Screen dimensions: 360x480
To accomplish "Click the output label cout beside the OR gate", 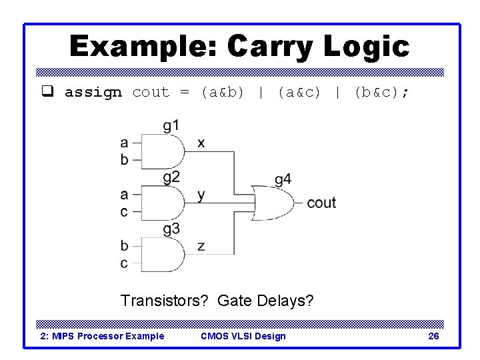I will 321,203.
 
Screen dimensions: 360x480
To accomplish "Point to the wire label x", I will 201,143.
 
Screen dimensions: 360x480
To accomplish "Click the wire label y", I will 201,195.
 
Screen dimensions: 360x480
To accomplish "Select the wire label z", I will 201,246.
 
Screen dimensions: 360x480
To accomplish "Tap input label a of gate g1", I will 125,142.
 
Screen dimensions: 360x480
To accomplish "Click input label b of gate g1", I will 125,159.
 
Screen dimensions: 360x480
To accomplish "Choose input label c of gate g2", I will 125,211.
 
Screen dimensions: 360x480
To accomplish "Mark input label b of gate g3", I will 125,245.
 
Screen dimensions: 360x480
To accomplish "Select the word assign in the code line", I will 93,93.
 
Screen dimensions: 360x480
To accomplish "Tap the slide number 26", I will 433,336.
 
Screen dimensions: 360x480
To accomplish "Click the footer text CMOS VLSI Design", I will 243,336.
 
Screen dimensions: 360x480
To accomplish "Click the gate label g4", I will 283,179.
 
